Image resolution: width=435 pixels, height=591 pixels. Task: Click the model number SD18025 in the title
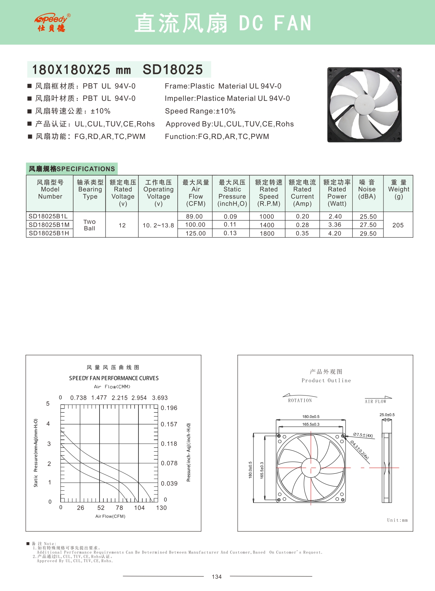point(172,69)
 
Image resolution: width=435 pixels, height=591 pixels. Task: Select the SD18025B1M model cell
point(49,225)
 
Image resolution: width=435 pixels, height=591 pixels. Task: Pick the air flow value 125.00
point(195,233)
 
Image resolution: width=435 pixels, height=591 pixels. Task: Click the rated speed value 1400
point(267,225)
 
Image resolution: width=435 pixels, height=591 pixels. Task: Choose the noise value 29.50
point(368,233)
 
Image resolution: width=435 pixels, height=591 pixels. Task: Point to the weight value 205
point(398,225)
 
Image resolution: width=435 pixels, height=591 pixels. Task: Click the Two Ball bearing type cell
point(89,225)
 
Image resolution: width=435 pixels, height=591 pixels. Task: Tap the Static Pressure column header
point(232,193)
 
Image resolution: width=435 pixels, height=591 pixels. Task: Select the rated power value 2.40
point(335,217)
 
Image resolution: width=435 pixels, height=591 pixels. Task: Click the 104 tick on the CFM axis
point(139,508)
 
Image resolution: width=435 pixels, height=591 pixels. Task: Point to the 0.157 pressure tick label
point(169,424)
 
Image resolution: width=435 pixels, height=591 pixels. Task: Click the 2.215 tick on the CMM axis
point(120,398)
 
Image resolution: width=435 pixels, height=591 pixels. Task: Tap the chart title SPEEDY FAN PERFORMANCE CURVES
point(114,378)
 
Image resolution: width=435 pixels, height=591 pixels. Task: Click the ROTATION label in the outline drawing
point(300,400)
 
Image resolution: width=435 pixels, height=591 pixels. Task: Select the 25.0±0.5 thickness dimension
point(387,415)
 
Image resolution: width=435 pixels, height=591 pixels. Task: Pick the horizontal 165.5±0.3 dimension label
point(311,424)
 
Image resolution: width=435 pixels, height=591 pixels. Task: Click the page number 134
point(217,577)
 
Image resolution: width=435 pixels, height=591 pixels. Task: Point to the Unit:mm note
point(397,520)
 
